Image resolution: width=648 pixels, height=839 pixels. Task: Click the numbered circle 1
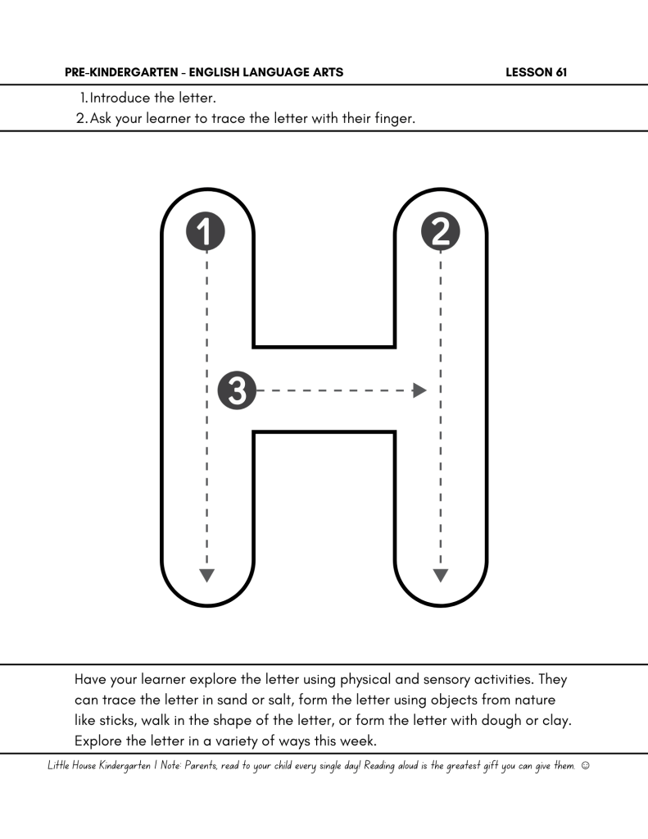[x=206, y=231]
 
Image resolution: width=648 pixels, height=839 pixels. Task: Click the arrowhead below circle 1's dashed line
[x=206, y=575]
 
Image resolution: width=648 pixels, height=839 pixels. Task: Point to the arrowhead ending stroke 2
[x=441, y=575]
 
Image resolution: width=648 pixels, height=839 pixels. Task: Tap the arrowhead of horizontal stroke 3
[x=420, y=390]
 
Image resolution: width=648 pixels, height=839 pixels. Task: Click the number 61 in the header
[x=560, y=73]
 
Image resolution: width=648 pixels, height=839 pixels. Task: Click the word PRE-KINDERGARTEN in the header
[x=119, y=73]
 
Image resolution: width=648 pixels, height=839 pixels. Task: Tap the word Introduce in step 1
[x=120, y=98]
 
